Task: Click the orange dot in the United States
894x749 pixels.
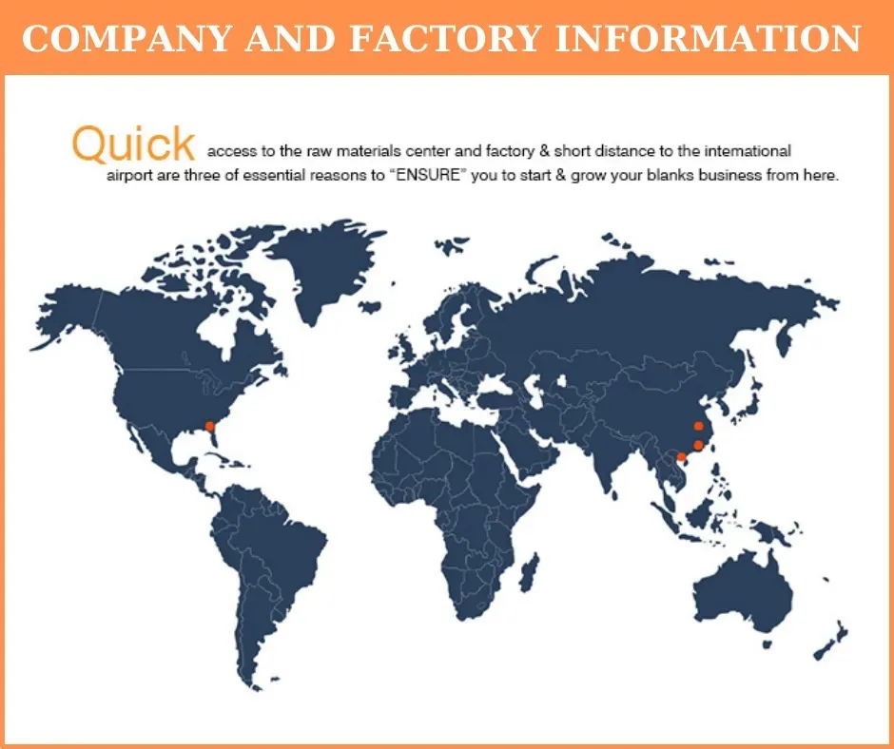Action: click(x=210, y=426)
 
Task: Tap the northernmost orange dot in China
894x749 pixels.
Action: click(x=698, y=426)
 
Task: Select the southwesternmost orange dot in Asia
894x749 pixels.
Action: click(x=681, y=457)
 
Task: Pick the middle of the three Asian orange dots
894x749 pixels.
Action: click(x=698, y=445)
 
